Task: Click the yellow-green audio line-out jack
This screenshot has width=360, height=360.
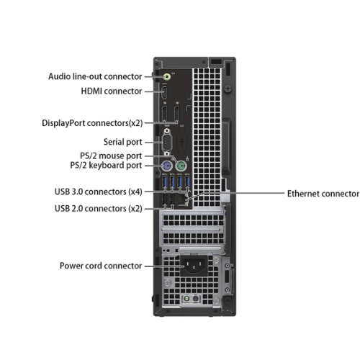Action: [167, 77]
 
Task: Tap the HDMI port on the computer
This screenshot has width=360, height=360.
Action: [164, 93]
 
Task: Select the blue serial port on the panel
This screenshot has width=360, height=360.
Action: [166, 143]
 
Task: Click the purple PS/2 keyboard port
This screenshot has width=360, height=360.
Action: [167, 166]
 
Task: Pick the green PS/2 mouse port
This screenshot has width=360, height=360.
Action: [181, 166]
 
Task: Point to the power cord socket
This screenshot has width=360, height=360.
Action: [194, 266]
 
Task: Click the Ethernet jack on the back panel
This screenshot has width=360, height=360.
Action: [182, 200]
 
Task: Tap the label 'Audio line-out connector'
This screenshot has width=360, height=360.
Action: [95, 76]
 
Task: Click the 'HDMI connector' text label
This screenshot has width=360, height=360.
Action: [112, 91]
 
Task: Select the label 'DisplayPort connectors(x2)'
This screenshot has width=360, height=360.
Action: [92, 123]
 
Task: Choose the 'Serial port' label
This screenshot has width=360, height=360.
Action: [122, 142]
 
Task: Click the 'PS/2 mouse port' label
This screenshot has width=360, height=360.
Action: [111, 156]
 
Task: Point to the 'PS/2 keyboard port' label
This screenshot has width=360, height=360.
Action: [106, 166]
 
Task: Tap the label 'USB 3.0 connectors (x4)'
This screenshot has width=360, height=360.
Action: [99, 192]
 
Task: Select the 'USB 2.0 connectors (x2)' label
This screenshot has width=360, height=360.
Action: [99, 209]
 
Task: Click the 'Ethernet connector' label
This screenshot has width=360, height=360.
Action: [323, 194]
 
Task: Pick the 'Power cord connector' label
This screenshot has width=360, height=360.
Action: [101, 266]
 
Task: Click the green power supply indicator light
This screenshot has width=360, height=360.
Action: [187, 299]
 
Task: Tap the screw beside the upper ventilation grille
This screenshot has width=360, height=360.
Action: [228, 89]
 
